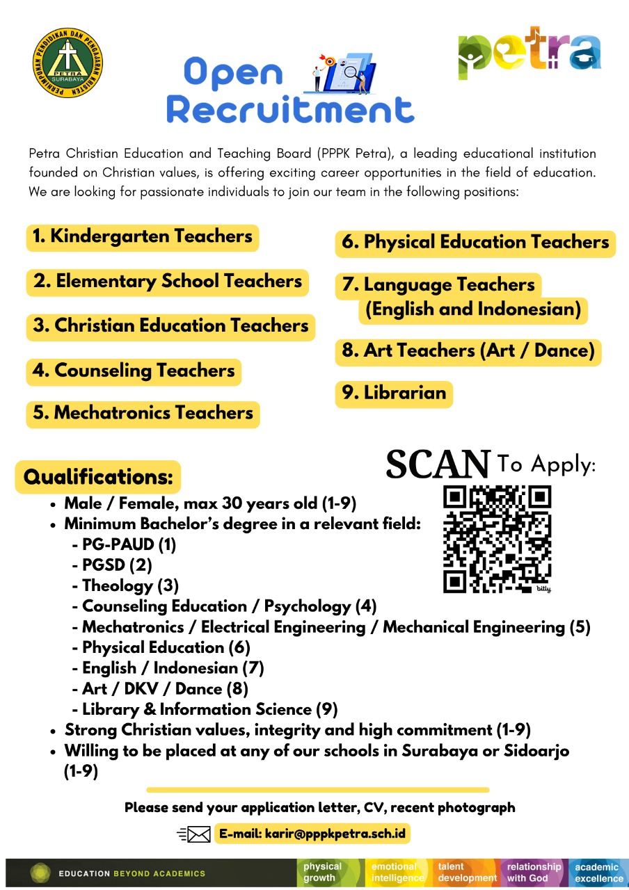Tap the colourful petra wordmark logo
[530, 52]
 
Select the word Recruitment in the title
[290, 110]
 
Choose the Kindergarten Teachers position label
[143, 237]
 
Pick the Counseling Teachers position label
[134, 371]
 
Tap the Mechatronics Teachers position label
[143, 414]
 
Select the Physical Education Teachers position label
[475, 243]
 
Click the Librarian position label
[394, 394]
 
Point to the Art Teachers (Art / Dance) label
[468, 352]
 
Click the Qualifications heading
[98, 477]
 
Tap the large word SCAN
[438, 464]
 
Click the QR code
[497, 539]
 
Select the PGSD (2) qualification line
[116, 565]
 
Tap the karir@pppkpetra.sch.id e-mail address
[312, 833]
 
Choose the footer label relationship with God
[534, 872]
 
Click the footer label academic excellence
[598, 872]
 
